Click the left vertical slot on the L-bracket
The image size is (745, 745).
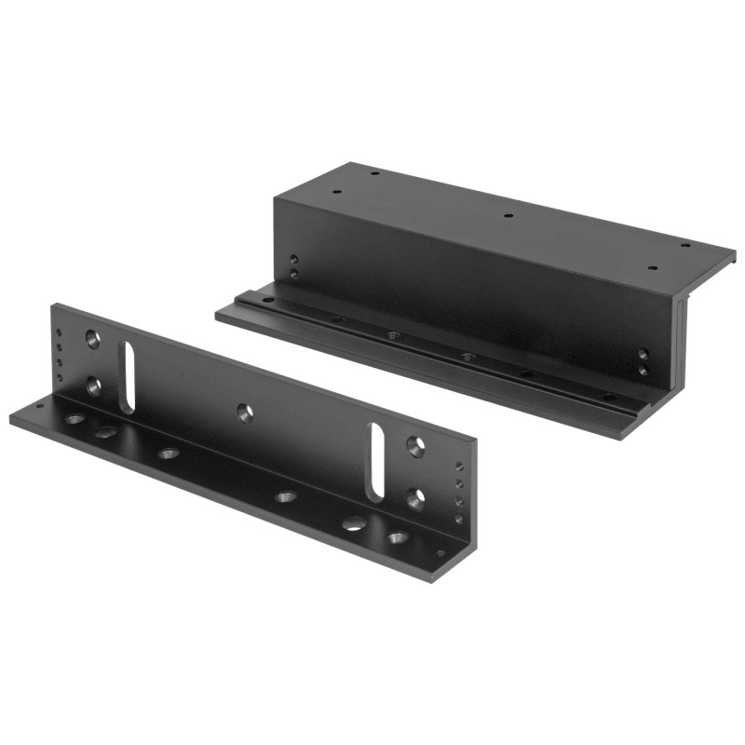point(128,373)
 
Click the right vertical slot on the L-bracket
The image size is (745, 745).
point(377,460)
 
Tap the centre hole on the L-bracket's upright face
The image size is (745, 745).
point(244,411)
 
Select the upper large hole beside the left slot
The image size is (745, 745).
point(93,338)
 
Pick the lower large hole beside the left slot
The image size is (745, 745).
point(94,384)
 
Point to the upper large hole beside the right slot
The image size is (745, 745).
point(414,446)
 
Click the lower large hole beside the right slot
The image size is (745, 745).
point(414,497)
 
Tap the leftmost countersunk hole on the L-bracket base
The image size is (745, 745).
point(74,419)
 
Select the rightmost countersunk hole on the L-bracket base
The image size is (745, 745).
point(399,537)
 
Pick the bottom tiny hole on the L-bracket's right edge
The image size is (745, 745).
point(457,517)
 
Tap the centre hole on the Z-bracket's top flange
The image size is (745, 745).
point(508,216)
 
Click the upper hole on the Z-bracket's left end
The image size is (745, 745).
point(293,260)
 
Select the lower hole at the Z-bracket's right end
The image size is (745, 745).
point(643,370)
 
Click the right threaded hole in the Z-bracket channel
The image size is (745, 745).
point(465,355)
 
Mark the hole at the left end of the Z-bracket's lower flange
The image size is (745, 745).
point(268,300)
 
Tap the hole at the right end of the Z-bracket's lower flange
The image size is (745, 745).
point(607,397)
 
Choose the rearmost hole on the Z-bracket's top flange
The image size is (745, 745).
point(373,173)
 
